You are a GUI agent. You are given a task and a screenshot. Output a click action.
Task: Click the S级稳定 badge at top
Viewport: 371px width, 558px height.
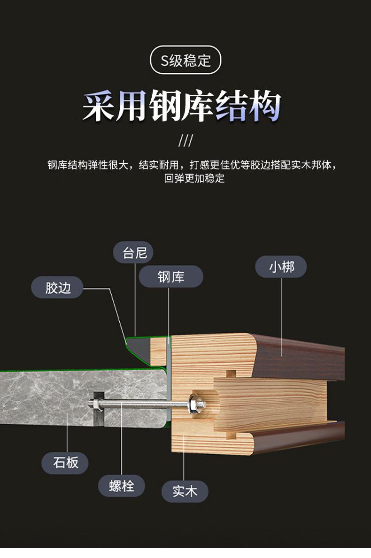(185, 60)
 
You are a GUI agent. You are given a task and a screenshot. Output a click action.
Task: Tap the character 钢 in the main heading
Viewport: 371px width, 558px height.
(165, 107)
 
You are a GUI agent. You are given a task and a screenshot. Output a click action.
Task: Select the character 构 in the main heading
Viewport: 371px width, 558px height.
(264, 107)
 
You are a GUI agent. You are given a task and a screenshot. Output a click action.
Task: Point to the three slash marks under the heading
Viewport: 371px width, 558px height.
(185, 140)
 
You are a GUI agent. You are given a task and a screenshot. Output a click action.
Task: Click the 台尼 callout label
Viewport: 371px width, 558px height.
(135, 253)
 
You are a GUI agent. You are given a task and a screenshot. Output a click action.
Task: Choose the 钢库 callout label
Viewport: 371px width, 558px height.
(171, 277)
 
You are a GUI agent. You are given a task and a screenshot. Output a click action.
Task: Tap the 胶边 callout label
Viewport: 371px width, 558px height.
(58, 288)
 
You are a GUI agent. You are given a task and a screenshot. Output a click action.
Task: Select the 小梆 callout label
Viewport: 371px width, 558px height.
(281, 267)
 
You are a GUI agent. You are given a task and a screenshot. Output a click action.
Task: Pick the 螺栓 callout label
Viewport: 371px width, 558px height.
(121, 486)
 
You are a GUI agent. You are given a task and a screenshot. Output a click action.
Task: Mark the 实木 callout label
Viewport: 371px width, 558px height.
(184, 491)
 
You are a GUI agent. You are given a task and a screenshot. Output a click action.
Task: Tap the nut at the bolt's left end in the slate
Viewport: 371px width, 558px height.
(94, 403)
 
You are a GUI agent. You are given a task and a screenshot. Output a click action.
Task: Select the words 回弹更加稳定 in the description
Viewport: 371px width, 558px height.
(194, 178)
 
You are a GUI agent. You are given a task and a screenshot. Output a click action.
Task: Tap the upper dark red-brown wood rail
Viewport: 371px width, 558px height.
(301, 357)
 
